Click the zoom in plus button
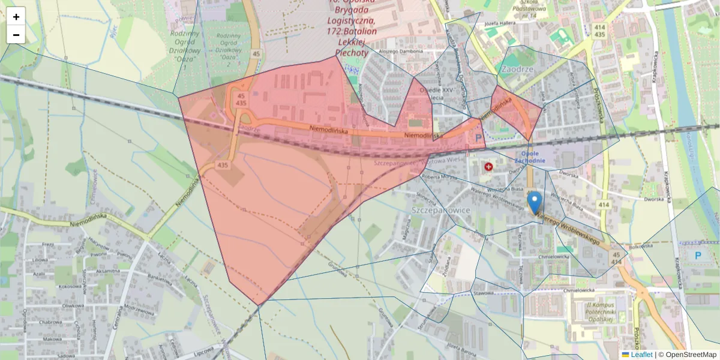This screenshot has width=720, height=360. [16, 17]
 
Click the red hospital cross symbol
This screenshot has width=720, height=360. [489, 167]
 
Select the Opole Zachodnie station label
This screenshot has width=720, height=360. [530, 157]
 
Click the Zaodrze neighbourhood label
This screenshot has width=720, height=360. [516, 69]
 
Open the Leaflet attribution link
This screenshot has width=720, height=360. [641, 355]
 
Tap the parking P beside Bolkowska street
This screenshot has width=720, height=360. [698, 256]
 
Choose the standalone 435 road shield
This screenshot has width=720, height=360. [223, 164]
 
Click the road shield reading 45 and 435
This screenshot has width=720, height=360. [241, 100]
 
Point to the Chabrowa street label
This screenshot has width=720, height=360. [51, 322]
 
